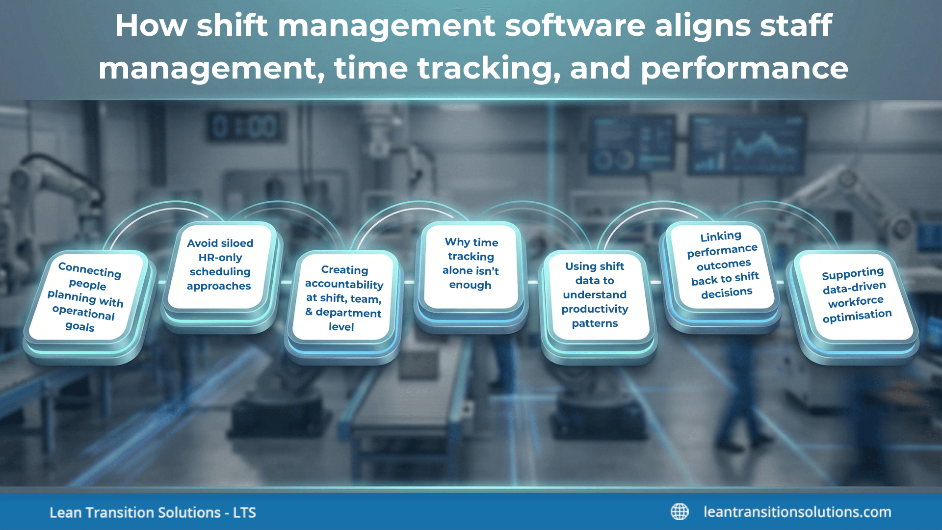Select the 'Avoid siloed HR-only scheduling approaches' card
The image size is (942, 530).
[x=220, y=265]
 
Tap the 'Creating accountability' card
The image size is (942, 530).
[x=343, y=298]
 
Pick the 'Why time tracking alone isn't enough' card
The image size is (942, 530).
[x=471, y=264]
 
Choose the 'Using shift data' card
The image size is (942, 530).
[x=595, y=294]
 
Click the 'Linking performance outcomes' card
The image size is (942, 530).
[x=724, y=265]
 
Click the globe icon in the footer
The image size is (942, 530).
[x=680, y=512]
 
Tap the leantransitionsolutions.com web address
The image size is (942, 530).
[x=797, y=512]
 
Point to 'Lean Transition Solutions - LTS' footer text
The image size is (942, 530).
[x=153, y=513]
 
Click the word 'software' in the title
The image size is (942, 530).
[x=575, y=26]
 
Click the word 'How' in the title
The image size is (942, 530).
[x=151, y=26]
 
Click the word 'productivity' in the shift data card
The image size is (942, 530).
[x=595, y=309]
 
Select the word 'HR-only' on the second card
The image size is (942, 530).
[x=220, y=258]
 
